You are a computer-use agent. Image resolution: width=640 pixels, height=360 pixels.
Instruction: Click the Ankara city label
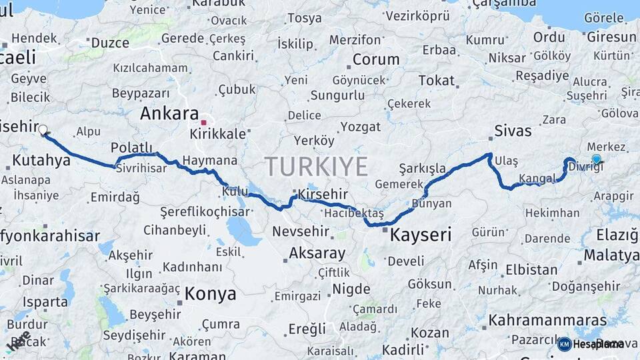[x=169, y=113]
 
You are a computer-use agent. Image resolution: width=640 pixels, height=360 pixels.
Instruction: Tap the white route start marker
[x=43, y=130]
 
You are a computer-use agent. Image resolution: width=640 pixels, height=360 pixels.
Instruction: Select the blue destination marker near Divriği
[x=596, y=159]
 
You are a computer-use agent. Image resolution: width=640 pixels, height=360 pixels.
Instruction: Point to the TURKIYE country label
[x=316, y=166]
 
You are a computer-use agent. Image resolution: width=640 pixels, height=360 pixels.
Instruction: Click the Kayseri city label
[x=420, y=235]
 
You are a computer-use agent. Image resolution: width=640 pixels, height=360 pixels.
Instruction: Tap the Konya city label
[x=210, y=293]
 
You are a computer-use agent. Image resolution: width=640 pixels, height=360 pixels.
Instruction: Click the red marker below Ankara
[x=204, y=123]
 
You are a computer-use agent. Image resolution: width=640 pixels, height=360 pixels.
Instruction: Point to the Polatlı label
[x=132, y=147]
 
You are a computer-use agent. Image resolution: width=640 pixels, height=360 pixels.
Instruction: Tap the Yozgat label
[x=360, y=127]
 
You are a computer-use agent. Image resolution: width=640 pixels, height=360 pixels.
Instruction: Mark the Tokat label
[x=436, y=81]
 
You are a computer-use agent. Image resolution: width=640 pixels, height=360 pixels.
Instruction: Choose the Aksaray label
[x=317, y=253]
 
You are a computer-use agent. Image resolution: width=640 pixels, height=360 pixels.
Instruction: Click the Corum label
[x=376, y=59]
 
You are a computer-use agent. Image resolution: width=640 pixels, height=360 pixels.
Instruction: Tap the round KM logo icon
[x=564, y=344]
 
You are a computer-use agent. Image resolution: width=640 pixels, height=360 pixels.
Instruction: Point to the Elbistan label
[x=531, y=270]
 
